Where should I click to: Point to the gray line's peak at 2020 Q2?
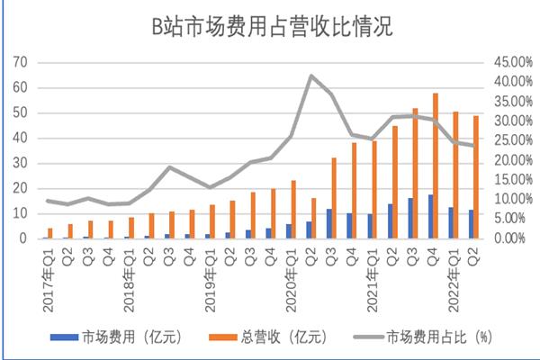tap(310, 76)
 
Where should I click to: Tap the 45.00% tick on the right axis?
tap(504, 62)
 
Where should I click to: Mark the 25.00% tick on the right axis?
tap(504, 140)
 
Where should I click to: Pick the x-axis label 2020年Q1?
tap(287, 274)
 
